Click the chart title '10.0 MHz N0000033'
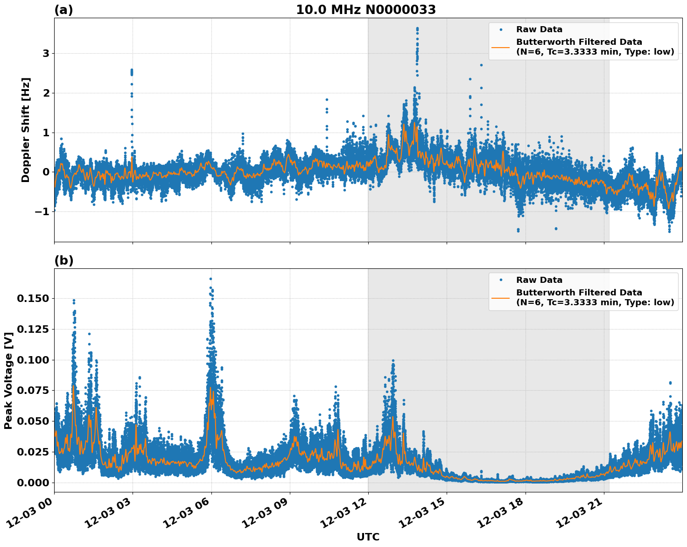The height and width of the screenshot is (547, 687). click(x=366, y=10)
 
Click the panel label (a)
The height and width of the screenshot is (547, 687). click(x=63, y=10)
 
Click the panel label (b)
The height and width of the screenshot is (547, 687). click(x=63, y=260)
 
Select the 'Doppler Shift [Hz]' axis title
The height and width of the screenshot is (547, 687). click(x=26, y=130)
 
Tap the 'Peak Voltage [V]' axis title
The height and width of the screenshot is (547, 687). click(x=8, y=380)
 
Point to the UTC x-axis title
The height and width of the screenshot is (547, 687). click(x=368, y=537)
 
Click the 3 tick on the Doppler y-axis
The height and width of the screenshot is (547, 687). click(x=46, y=54)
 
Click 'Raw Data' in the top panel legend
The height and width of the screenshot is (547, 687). click(x=539, y=30)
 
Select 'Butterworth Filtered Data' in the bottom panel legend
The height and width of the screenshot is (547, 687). click(x=579, y=293)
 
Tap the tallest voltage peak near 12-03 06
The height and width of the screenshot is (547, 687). click(x=210, y=279)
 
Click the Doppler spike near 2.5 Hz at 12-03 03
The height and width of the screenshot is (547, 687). click(x=132, y=71)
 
